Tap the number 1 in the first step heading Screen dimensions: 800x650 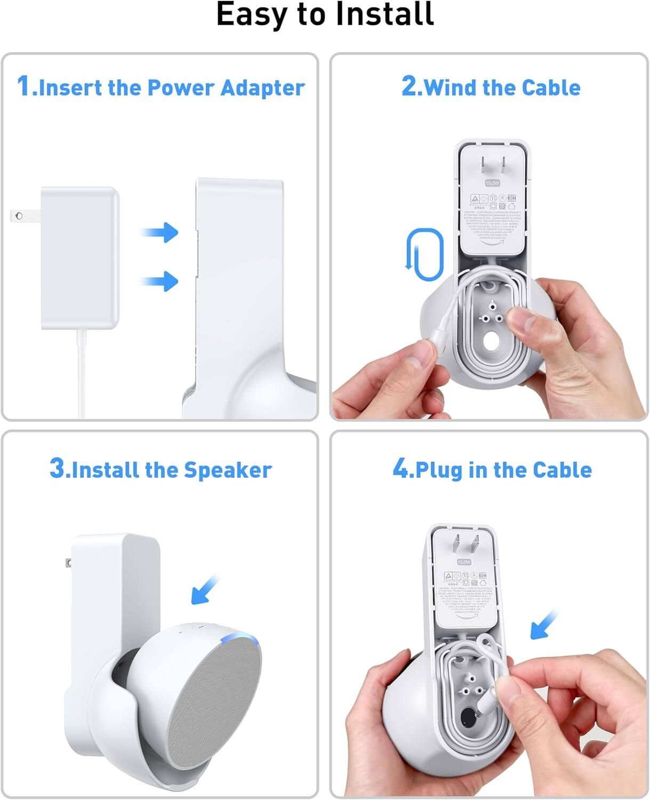(23, 86)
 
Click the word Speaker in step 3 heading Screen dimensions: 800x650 (228, 470)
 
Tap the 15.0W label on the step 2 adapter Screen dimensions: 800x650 (492, 183)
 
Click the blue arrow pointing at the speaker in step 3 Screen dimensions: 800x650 (206, 590)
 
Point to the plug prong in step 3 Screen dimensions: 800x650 (68, 562)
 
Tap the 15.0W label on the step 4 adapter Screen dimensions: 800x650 (464, 562)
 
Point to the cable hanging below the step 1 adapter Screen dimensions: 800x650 (82, 373)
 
